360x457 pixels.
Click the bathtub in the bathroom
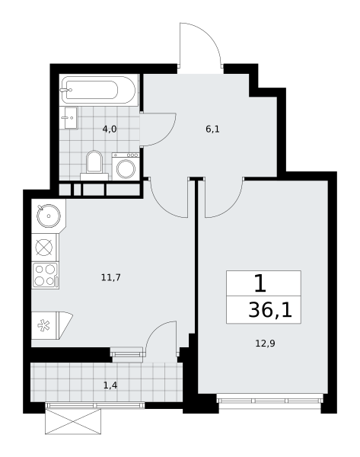coord(98,90)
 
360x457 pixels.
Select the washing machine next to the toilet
coord(126,166)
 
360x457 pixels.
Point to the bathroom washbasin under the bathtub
coord(68,118)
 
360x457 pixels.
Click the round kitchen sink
coord(49,216)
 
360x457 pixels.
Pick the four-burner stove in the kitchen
coord(45,276)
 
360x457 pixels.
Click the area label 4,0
coord(110,129)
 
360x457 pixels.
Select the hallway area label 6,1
coord(212,129)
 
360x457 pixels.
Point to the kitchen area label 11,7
coord(110,277)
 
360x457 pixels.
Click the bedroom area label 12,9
coord(265,344)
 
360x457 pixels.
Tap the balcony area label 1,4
coord(110,385)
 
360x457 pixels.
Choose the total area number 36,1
coord(270,310)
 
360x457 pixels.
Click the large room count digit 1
coord(260,283)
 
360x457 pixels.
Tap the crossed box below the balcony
coord(73,421)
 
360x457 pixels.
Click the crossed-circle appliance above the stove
coord(44,248)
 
